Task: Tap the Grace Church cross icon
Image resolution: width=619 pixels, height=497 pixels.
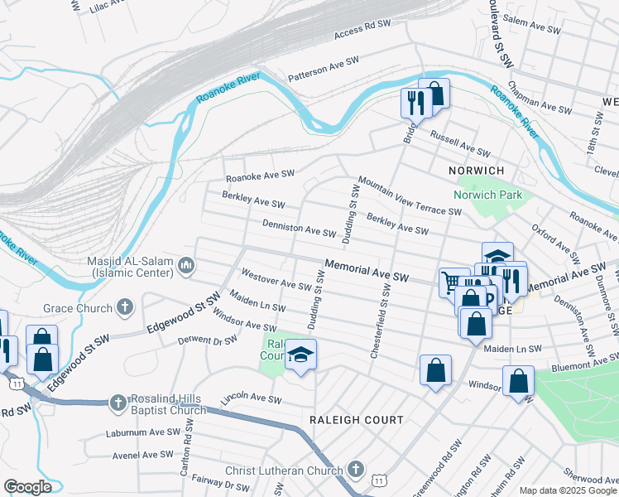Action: click(125, 308)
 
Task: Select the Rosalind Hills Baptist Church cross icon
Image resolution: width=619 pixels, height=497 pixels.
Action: click(118, 403)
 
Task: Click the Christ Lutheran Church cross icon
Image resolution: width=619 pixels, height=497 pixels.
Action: click(356, 470)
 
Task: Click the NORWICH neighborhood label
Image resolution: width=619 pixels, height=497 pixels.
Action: click(476, 170)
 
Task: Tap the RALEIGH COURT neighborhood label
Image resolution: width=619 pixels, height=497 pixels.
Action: click(356, 420)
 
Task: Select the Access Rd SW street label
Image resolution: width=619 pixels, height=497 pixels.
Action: click(362, 31)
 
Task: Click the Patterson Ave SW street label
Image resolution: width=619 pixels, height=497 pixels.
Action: click(323, 69)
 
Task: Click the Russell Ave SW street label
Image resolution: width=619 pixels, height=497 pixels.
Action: click(460, 146)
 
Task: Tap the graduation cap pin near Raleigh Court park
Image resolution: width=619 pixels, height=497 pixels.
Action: click(300, 355)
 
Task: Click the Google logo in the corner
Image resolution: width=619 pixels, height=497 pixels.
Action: click(28, 487)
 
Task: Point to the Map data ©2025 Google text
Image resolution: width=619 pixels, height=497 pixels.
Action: click(568, 490)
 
